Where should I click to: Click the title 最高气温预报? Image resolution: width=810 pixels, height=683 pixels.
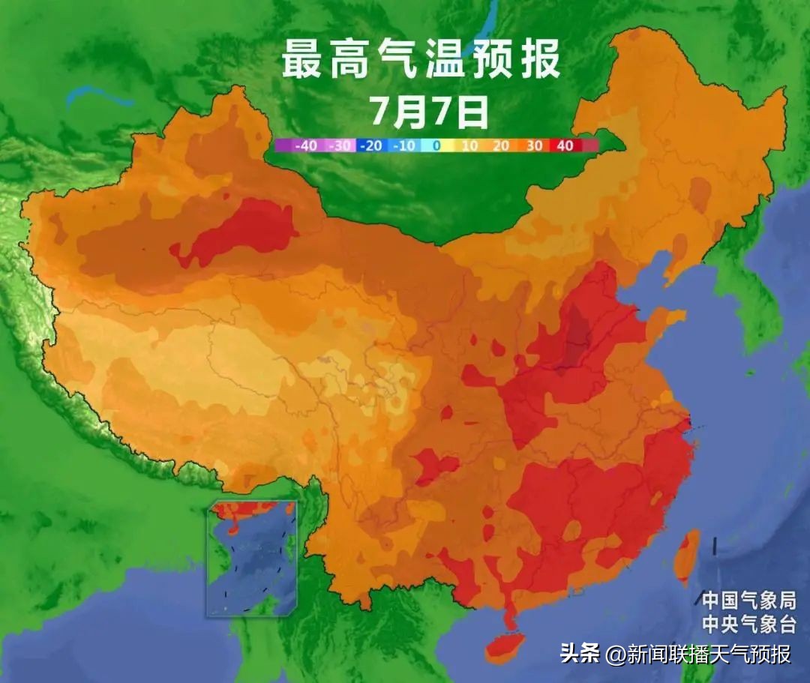point(421,60)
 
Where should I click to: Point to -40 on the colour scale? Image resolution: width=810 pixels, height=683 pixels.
point(305,146)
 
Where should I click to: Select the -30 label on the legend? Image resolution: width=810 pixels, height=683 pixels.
point(340,146)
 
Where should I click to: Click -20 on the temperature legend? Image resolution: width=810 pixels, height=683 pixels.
point(372,146)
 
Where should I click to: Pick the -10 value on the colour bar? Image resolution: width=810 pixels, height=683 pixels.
point(404,146)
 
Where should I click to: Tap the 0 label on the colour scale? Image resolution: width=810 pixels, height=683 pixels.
point(436,146)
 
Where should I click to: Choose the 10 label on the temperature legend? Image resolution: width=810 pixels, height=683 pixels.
point(469,146)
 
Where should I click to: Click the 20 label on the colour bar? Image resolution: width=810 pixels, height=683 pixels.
point(501,146)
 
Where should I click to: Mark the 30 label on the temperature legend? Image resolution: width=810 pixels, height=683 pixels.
point(533,146)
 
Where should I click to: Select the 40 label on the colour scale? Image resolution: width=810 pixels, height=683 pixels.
point(565,146)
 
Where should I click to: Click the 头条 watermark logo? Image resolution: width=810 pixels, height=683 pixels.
point(580,654)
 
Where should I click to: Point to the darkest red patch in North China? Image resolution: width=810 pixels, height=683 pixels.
point(575,334)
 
